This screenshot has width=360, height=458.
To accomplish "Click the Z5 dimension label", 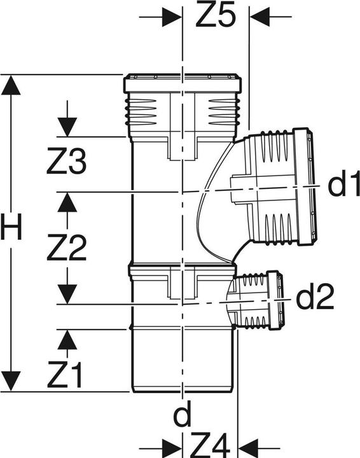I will pyautogui.click(x=216, y=17).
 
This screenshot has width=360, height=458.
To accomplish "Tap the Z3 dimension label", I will pyautogui.click(x=66, y=163).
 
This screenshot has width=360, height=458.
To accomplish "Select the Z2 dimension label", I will pyautogui.click(x=66, y=249).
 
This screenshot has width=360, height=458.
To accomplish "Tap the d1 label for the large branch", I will pyautogui.click(x=343, y=185).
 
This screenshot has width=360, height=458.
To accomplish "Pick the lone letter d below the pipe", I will pyautogui.click(x=183, y=416).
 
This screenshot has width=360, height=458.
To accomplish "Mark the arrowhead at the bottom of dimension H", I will pyautogui.click(x=11, y=382).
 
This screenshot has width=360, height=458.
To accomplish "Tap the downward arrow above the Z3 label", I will pyautogui.click(x=66, y=127).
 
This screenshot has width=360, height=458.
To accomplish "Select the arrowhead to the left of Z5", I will pyautogui.click(x=172, y=17).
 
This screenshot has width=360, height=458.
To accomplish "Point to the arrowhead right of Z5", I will pyautogui.click(x=260, y=17).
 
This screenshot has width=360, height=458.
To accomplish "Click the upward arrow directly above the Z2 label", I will pyautogui.click(x=66, y=202).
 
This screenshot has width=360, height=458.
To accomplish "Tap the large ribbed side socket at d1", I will pyautogui.click(x=277, y=188).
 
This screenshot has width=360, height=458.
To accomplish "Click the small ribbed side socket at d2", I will pyautogui.click(x=260, y=300).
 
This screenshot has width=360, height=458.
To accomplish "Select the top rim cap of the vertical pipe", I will pyautogui.click(x=183, y=83).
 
